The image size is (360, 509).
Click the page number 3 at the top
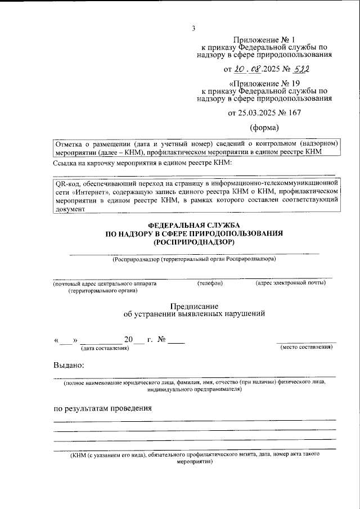[193, 29]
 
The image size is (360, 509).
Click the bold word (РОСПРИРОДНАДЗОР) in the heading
[193, 242]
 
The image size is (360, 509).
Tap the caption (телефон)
[210, 283]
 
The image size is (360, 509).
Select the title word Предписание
[193, 305]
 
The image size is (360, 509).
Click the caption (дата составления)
[105, 349]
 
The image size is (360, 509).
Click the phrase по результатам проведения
[103, 408]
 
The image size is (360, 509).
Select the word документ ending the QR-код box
[69, 208]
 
